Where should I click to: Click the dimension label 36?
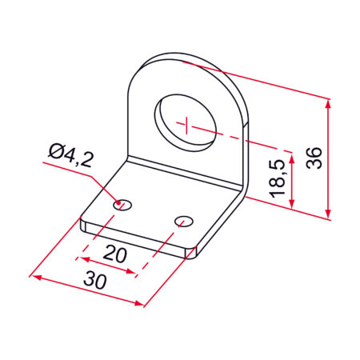314,158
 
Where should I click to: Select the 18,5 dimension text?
277,179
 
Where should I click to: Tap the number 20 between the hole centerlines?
114,254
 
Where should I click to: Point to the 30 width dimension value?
95,280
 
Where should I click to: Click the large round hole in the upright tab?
186,122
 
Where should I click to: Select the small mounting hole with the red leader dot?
122,205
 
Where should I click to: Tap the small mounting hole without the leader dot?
184,222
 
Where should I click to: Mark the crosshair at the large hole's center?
186,125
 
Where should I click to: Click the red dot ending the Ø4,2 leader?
118,204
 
